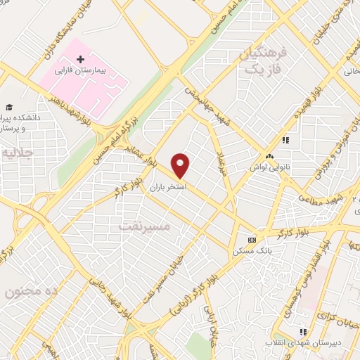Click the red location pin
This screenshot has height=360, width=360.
(181, 165)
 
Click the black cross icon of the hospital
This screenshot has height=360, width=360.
(80, 59)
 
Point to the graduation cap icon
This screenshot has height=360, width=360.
(9, 107)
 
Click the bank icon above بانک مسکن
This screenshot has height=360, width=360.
(252, 238)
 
